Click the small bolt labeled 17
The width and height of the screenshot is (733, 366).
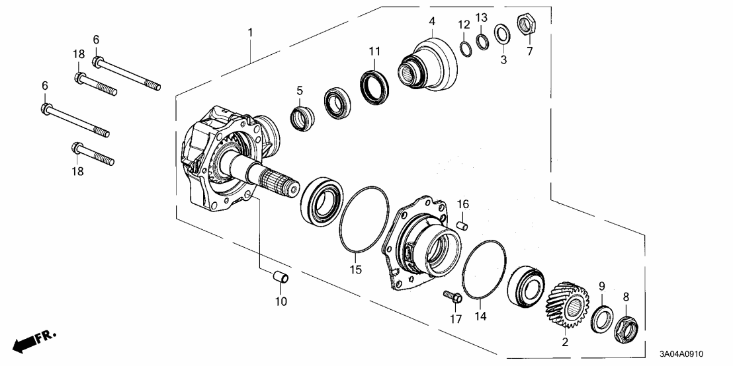point(453,299)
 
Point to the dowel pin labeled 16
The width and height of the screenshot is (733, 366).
point(463,225)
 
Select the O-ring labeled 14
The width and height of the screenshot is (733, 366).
point(484,270)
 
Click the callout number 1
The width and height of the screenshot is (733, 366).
point(250,32)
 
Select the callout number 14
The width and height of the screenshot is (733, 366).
point(480,316)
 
